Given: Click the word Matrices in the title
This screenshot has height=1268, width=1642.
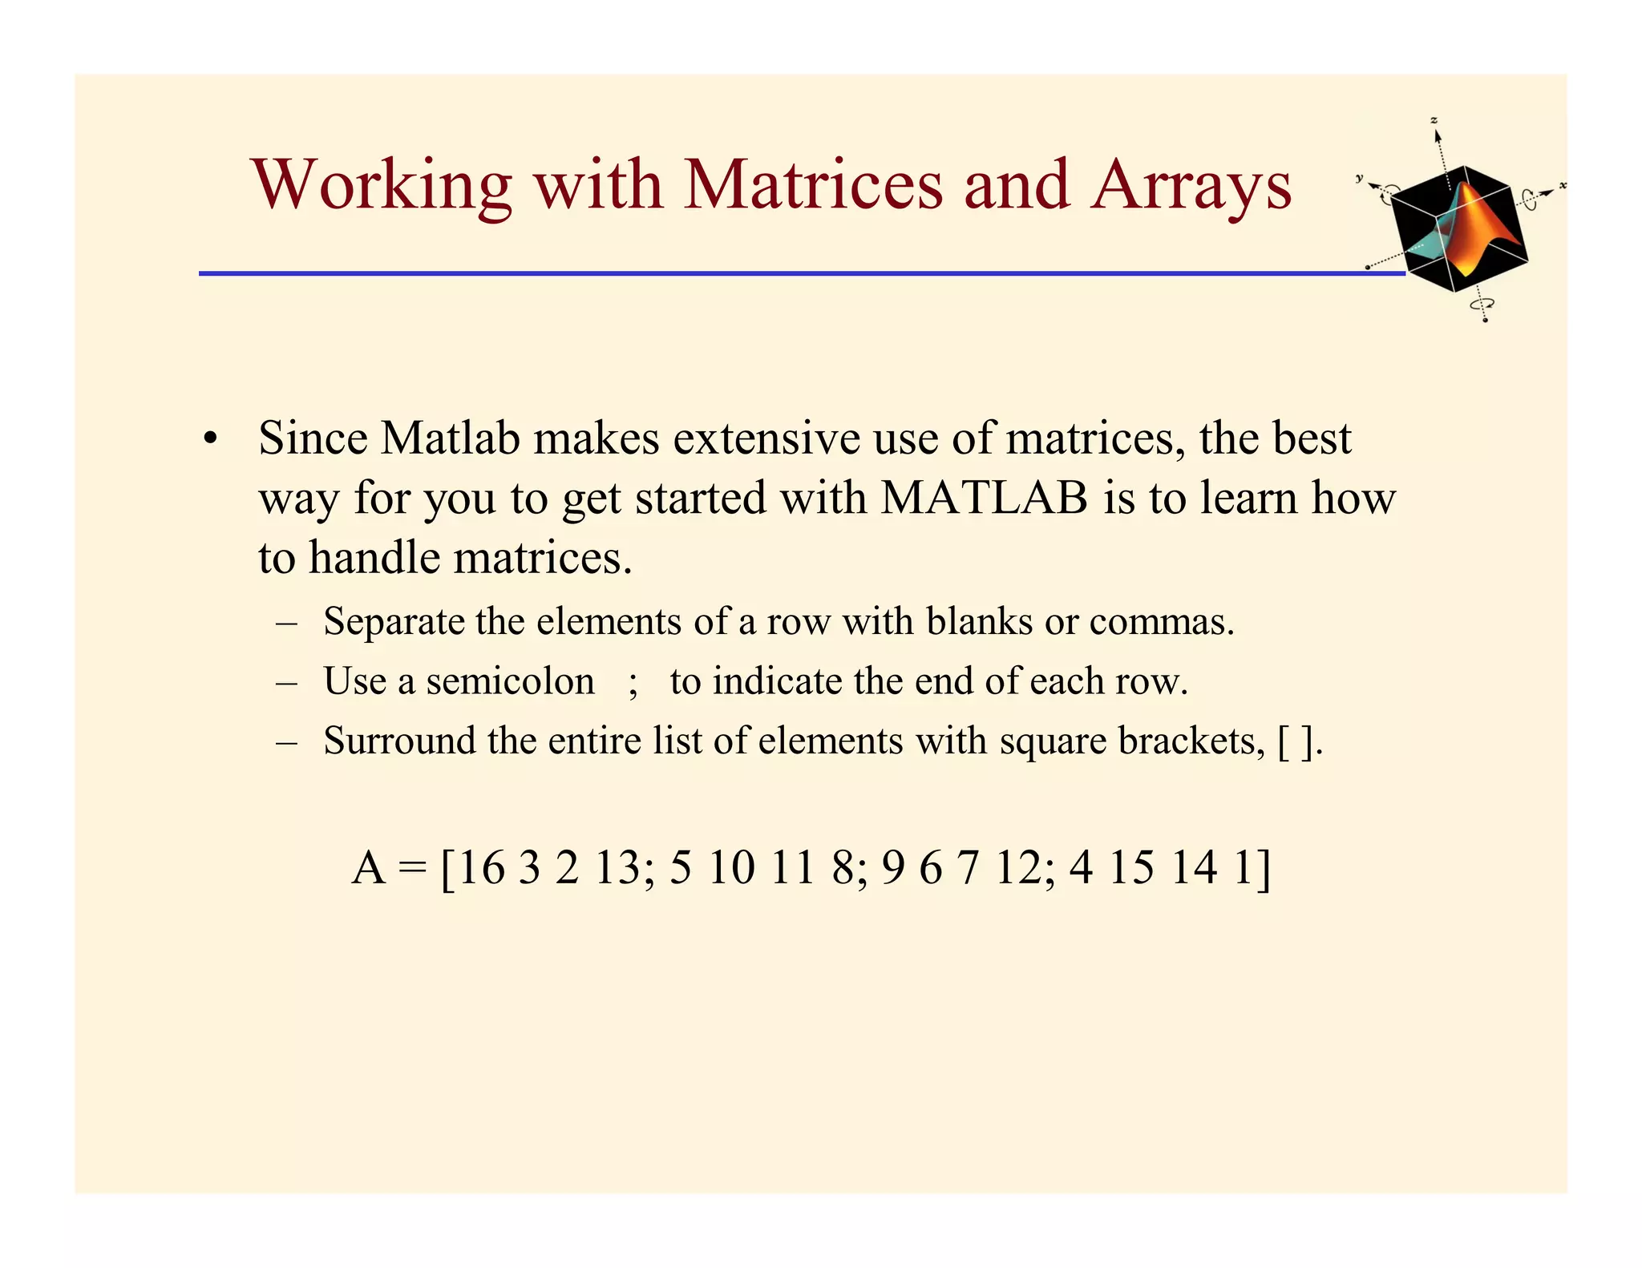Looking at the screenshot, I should click(813, 185).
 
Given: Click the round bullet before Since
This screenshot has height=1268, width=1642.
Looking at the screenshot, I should click(210, 440).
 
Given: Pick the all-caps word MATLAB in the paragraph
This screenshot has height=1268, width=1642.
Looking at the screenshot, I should click(984, 498).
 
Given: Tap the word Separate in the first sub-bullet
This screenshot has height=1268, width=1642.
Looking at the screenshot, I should click(394, 622).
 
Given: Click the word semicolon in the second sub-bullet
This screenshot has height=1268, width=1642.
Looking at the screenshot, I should click(510, 681).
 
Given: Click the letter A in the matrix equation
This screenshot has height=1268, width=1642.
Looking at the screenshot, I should click(369, 868).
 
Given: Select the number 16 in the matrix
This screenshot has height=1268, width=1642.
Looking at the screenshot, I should click(481, 868).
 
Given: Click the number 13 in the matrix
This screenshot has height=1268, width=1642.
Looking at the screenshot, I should click(618, 868).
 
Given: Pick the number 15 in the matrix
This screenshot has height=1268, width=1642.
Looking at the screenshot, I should click(1132, 868).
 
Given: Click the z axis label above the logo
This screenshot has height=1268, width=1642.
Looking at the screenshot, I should click(1434, 120).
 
